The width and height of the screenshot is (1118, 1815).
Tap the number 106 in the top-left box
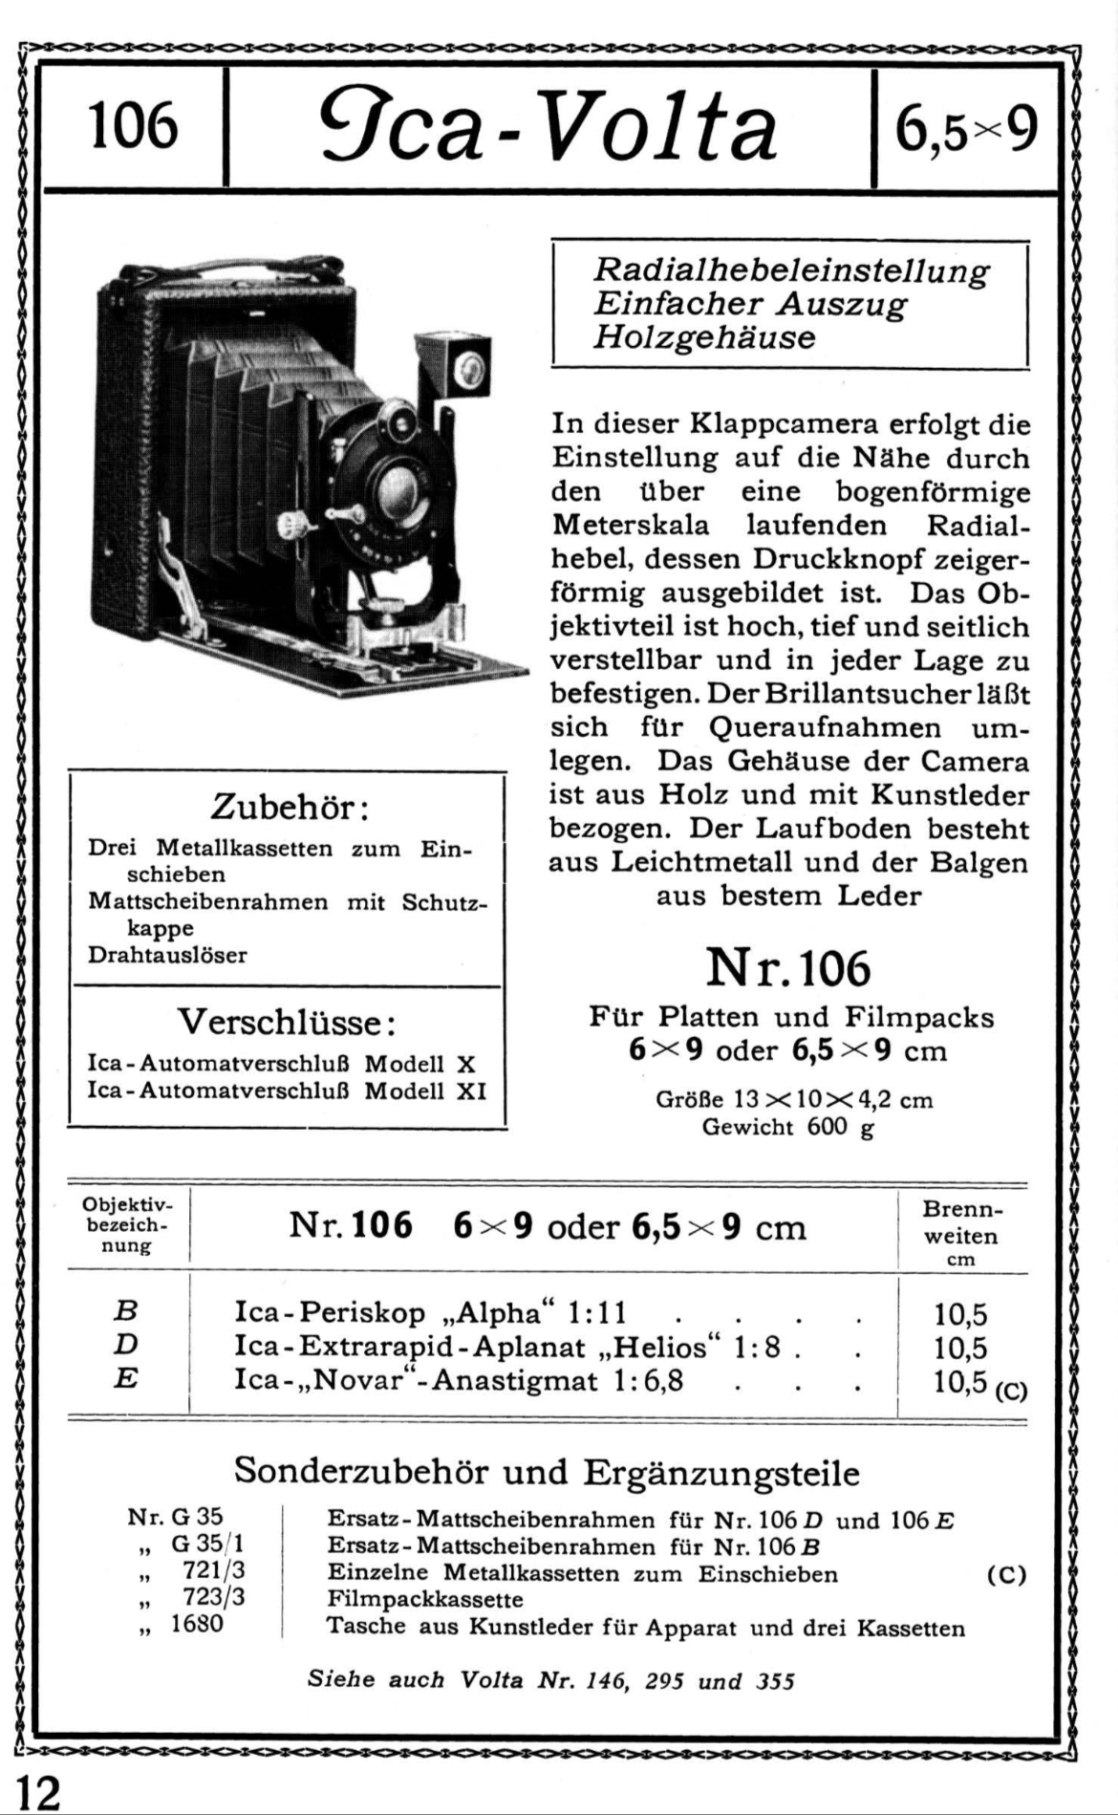click(x=133, y=127)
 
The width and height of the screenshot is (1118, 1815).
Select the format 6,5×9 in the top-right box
click(x=966, y=129)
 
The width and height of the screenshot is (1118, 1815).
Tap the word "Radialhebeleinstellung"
click(x=791, y=270)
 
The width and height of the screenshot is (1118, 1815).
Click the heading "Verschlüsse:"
click(x=287, y=1022)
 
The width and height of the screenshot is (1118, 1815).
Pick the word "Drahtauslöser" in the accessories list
click(x=167, y=955)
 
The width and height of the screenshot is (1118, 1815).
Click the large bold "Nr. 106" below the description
click(x=788, y=969)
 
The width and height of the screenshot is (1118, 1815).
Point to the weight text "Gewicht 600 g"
click(x=788, y=1127)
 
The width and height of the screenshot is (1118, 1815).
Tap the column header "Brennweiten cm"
click(x=961, y=1234)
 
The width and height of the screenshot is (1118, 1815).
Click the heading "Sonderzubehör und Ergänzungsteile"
click(x=547, y=1471)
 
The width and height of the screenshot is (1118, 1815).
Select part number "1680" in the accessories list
click(x=197, y=1624)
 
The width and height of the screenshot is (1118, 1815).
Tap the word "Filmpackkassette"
click(x=425, y=1599)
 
